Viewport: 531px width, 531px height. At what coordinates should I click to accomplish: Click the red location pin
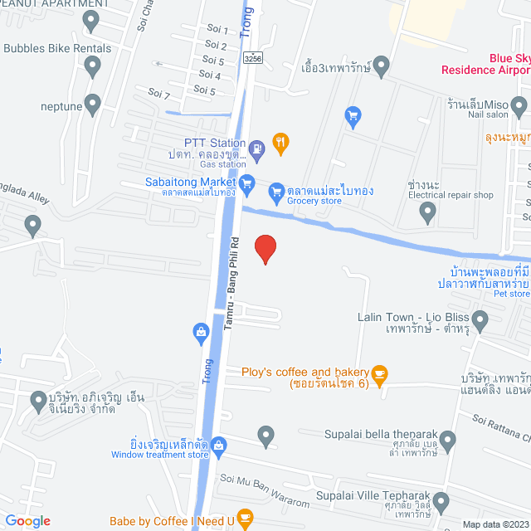264,249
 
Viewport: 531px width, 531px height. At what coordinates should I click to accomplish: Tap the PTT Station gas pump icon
257,148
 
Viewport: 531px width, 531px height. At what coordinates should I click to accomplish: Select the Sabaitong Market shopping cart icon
247,183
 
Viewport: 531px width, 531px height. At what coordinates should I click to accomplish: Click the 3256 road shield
254,58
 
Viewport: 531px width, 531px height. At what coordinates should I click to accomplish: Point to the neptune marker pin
93,105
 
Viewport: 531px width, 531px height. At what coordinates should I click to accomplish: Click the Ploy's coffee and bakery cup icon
380,373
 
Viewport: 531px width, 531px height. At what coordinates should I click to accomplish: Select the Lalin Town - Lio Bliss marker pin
480,319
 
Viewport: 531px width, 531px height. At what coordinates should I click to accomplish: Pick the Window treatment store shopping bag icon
218,446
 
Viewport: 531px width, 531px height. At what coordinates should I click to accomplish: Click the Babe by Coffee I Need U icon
244,519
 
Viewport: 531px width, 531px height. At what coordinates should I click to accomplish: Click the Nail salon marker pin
519,105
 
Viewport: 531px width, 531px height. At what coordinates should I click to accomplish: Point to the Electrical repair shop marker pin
427,214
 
